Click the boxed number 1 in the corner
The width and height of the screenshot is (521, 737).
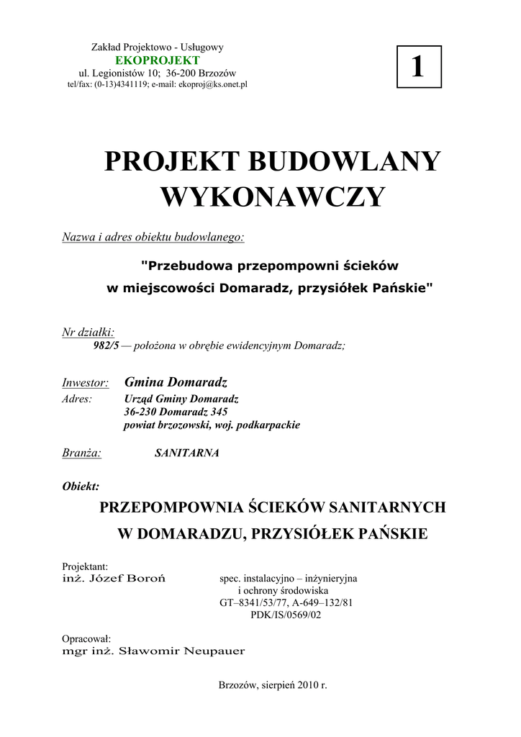[417, 67]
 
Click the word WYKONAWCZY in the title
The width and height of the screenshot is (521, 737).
[272, 196]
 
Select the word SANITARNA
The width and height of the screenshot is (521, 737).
[186, 453]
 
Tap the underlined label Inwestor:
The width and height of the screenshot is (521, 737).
[86, 382]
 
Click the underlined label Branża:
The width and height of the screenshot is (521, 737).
[82, 453]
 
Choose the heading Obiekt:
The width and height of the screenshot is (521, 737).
[81, 485]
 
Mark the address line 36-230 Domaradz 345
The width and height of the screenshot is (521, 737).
[176, 412]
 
